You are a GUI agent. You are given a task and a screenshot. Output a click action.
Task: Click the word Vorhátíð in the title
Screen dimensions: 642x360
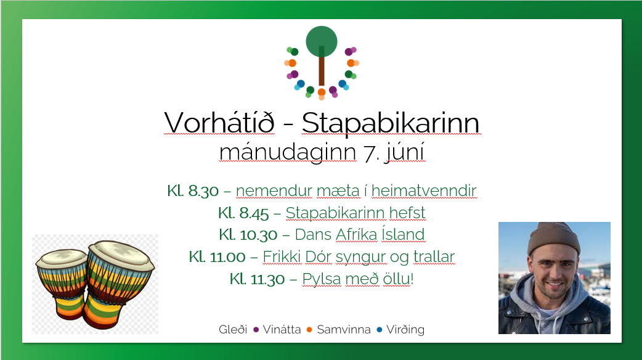coord(219,122)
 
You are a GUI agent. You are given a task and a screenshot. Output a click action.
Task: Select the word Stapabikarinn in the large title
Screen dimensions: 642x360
coord(391,123)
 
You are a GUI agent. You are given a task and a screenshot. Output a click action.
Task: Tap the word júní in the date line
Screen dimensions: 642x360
coord(405,152)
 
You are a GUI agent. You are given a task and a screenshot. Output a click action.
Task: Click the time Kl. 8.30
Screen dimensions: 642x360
coord(193,191)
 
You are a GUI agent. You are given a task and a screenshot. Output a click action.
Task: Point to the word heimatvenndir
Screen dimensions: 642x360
coord(424,190)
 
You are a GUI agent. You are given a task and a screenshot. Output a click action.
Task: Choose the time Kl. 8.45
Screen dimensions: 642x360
coord(243,213)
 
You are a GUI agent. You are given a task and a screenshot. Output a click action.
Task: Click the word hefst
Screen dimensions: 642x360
coord(407,213)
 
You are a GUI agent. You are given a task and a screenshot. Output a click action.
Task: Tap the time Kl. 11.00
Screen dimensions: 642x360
coord(217,257)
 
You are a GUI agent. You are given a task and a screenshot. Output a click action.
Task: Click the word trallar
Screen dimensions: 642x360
coord(434,256)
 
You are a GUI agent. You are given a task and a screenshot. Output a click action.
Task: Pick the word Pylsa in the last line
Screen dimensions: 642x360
coord(322,279)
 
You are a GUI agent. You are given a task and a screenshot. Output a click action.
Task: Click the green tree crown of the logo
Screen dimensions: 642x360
coord(322,41)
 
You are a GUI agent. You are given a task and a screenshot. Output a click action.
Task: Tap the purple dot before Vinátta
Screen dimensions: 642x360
coord(256,330)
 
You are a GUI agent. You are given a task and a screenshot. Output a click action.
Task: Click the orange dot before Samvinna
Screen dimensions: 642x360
coord(309,330)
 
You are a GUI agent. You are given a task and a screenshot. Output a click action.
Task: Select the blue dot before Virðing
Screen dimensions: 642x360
coord(379,330)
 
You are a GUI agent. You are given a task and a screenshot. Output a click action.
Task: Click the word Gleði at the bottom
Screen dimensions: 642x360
coord(233,329)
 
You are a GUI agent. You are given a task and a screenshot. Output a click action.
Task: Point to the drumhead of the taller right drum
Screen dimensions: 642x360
coord(121,253)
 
